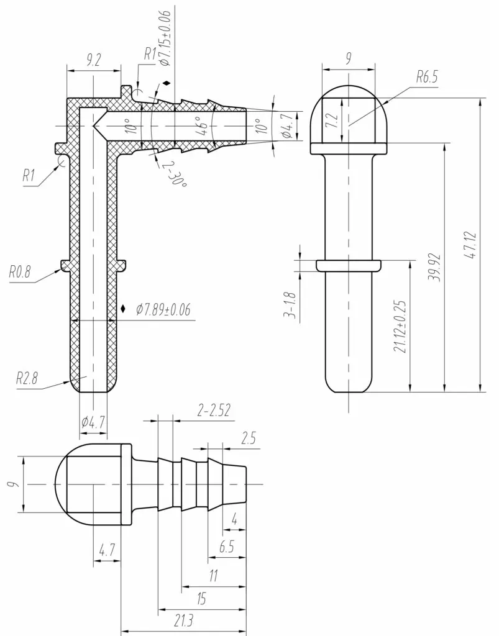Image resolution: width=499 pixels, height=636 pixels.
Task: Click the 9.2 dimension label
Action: click(x=93, y=61)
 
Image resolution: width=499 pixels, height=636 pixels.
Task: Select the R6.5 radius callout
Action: click(x=427, y=76)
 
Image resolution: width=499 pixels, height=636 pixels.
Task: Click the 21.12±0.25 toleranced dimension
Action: click(x=400, y=327)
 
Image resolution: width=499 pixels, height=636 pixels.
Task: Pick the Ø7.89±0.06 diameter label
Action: click(x=163, y=310)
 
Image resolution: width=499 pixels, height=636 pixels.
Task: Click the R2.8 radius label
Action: click(x=27, y=378)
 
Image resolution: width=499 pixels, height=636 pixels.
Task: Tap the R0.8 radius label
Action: click(x=20, y=272)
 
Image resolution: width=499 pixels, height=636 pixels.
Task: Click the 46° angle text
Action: click(x=204, y=126)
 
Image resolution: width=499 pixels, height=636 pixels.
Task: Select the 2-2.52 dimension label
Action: click(x=214, y=411)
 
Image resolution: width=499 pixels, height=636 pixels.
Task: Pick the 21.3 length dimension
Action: click(x=184, y=620)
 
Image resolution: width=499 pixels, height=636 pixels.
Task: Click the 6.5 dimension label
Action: click(x=227, y=547)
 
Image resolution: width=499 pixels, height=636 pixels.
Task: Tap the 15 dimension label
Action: click(x=201, y=599)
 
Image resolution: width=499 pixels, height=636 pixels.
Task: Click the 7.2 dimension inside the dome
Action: click(x=332, y=120)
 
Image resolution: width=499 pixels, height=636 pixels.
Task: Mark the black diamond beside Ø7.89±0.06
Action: click(x=123, y=309)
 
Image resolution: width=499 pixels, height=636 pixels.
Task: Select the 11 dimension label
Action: click(x=213, y=576)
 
